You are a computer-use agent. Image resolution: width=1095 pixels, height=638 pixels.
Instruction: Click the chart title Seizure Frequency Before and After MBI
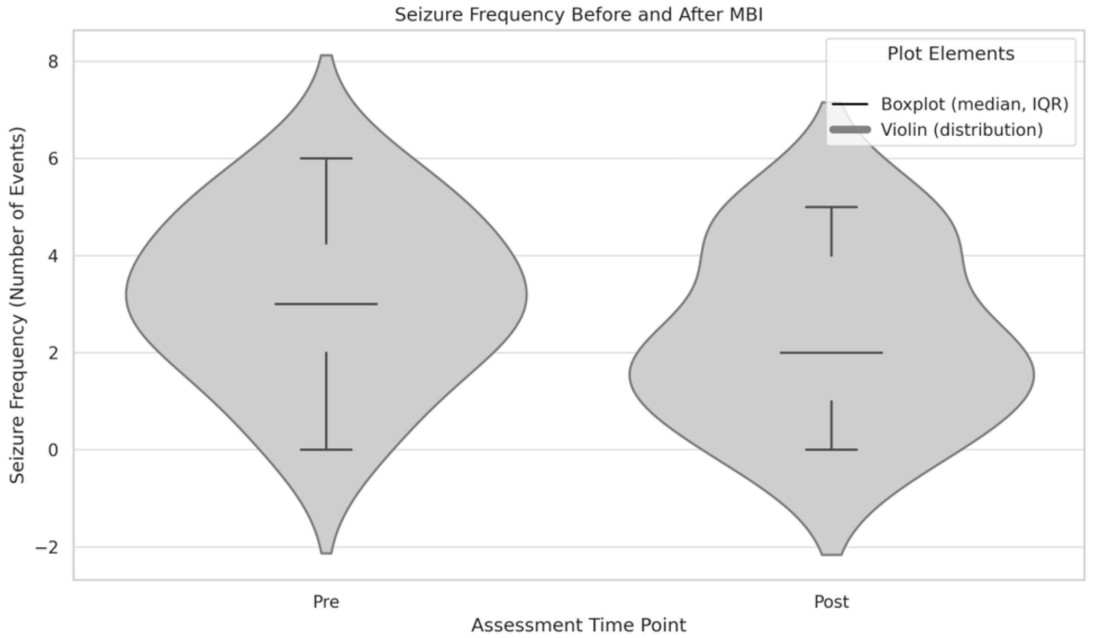pyautogui.click(x=578, y=15)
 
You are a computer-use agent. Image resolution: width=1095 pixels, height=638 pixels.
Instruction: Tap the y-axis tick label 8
pyautogui.click(x=53, y=62)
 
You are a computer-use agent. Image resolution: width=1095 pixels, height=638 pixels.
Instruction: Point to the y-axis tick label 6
pyautogui.click(x=53, y=159)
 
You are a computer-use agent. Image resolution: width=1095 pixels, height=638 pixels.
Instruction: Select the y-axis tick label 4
pyautogui.click(x=53, y=256)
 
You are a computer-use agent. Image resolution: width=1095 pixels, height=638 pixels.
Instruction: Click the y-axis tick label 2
pyautogui.click(x=53, y=353)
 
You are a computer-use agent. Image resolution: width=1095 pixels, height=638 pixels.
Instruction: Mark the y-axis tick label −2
pyautogui.click(x=47, y=547)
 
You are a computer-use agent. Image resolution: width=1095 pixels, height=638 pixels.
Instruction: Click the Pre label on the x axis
pyautogui.click(x=326, y=602)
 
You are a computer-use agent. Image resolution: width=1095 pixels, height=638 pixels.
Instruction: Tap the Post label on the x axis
pyautogui.click(x=831, y=602)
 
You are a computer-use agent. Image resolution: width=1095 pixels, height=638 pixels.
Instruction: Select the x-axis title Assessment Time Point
pyautogui.click(x=578, y=625)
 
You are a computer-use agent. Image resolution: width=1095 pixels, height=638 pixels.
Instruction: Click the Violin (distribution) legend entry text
pyautogui.click(x=962, y=129)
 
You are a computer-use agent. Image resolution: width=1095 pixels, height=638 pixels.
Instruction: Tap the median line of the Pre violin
pyautogui.click(x=326, y=304)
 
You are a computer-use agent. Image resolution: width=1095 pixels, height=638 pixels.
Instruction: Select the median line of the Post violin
pyautogui.click(x=831, y=353)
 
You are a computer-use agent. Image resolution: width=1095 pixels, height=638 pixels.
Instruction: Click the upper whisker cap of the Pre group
pyautogui.click(x=326, y=159)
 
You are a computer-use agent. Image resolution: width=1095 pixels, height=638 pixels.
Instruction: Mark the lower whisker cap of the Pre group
pyautogui.click(x=326, y=449)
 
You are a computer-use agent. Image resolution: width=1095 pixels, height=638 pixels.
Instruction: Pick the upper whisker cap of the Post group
pyautogui.click(x=831, y=207)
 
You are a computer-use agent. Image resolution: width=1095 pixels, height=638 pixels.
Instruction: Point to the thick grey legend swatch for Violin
pyautogui.click(x=850, y=129)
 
